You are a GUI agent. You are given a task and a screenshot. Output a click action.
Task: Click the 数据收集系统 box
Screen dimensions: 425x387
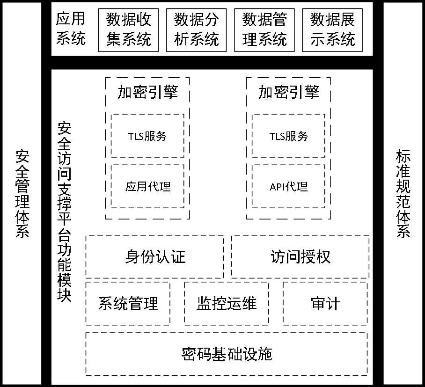click(x=128, y=30)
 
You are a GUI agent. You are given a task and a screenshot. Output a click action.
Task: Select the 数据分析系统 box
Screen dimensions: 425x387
click(x=196, y=30)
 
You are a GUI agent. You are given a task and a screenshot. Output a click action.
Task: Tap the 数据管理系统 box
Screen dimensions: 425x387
click(x=264, y=30)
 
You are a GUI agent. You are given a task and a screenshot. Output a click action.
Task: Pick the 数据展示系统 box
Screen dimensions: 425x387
click(x=332, y=30)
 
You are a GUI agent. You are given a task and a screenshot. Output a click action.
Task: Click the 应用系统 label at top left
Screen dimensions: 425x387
click(x=71, y=29)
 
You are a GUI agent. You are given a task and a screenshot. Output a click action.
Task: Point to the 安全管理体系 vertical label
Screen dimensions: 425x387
click(x=22, y=194)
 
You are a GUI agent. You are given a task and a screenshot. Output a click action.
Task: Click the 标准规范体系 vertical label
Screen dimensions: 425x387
click(x=403, y=194)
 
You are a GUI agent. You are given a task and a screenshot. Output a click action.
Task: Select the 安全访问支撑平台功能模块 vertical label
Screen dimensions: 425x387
click(x=65, y=212)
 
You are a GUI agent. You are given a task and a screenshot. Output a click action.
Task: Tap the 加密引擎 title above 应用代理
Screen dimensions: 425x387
click(x=148, y=92)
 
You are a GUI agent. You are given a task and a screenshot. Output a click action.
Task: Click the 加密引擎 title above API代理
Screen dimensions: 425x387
click(x=289, y=92)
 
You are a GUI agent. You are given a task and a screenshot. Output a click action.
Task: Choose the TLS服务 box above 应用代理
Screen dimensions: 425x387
click(x=147, y=136)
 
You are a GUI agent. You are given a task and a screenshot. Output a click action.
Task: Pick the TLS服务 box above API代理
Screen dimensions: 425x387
click(x=288, y=136)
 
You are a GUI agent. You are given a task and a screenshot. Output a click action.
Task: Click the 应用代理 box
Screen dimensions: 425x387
click(x=147, y=186)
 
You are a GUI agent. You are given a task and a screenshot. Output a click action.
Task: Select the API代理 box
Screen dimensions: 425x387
click(x=288, y=186)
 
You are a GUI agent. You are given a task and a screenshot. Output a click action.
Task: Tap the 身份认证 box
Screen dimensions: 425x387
click(x=155, y=256)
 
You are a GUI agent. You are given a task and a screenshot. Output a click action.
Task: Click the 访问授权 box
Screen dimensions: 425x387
click(x=300, y=256)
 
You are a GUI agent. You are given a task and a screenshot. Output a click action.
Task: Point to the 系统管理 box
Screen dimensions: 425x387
click(x=128, y=303)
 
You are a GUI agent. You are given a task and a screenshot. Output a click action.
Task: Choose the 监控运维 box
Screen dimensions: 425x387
click(x=227, y=303)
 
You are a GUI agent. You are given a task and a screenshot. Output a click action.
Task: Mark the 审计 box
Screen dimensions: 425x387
click(x=325, y=303)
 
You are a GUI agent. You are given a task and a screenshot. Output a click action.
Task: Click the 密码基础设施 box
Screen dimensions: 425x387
click(x=227, y=354)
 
